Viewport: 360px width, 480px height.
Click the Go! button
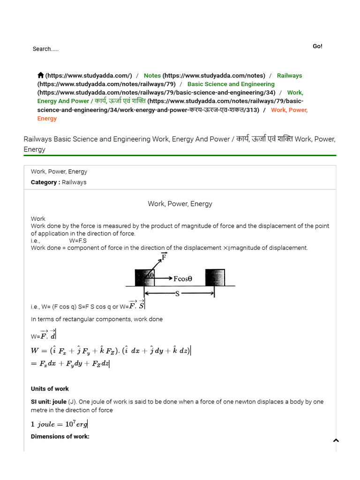[317, 46]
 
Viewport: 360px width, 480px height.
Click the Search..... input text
[45, 49]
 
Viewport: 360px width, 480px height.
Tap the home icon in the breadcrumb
[41, 75]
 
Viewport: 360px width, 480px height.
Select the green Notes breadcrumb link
[152, 75]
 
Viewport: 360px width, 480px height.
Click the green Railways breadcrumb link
[289, 75]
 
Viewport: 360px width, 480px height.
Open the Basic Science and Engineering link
[231, 84]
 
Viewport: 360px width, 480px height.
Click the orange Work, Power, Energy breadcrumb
[289, 110]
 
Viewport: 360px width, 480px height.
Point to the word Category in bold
[45, 182]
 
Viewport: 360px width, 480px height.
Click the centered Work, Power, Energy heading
[180, 204]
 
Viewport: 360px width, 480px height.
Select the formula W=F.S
[78, 240]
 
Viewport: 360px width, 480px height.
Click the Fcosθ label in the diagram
[183, 278]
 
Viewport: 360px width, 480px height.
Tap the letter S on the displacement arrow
[177, 293]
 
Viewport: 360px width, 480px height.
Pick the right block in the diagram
[215, 277]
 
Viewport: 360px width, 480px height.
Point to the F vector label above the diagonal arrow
[164, 256]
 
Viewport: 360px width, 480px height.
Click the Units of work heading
[50, 389]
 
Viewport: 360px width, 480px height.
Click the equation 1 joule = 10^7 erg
[59, 424]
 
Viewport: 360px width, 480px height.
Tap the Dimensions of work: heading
[60, 436]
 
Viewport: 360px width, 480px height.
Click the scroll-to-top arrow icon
[336, 440]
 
